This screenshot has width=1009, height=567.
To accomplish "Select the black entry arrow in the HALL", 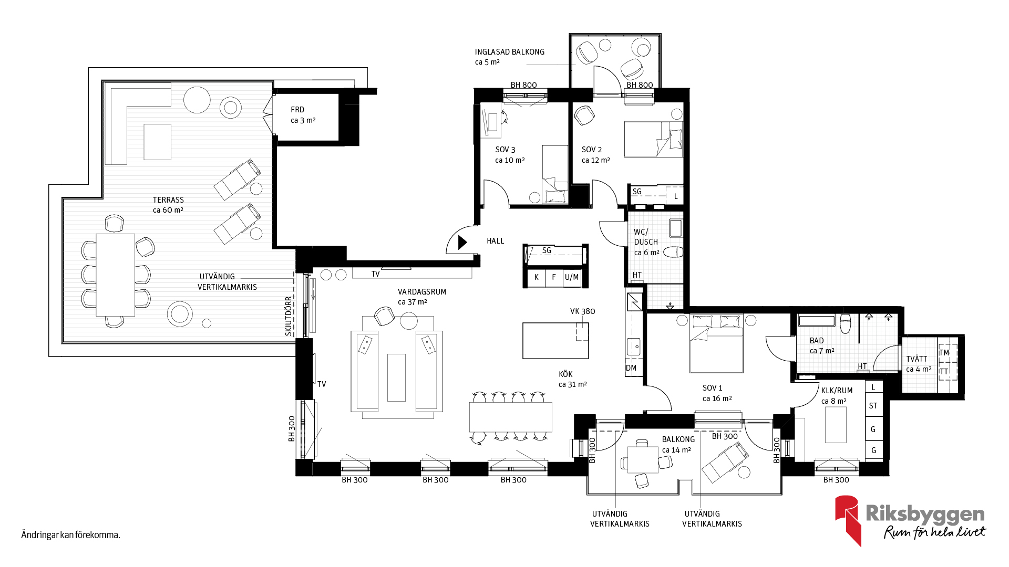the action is pyautogui.click(x=462, y=242).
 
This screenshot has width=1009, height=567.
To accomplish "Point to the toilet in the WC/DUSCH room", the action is pyautogui.click(x=673, y=252).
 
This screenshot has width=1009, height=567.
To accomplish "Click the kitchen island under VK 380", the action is pyautogui.click(x=555, y=341).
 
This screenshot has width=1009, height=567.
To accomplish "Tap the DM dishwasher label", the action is pyautogui.click(x=631, y=368).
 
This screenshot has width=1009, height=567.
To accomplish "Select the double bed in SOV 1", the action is pyautogui.click(x=717, y=343).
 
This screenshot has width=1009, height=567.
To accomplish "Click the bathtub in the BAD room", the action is pyautogui.click(x=817, y=320).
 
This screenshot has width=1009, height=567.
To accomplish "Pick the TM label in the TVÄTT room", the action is pyautogui.click(x=944, y=353).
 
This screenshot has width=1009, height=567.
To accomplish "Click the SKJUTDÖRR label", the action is pyautogui.click(x=289, y=316).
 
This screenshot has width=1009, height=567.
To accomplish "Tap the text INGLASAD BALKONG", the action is pyautogui.click(x=510, y=52).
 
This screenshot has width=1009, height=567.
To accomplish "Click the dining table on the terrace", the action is pyautogui.click(x=116, y=275).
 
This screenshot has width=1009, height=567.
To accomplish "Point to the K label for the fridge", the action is pyautogui.click(x=536, y=277).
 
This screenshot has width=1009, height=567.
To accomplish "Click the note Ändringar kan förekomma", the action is pyautogui.click(x=71, y=535).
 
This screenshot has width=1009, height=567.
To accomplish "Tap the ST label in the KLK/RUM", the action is pyautogui.click(x=873, y=406).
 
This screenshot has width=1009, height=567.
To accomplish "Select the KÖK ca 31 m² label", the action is pyautogui.click(x=573, y=379).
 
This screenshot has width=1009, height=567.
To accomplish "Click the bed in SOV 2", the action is pyautogui.click(x=653, y=139).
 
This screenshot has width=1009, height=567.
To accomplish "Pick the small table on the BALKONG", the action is pyautogui.click(x=643, y=460).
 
